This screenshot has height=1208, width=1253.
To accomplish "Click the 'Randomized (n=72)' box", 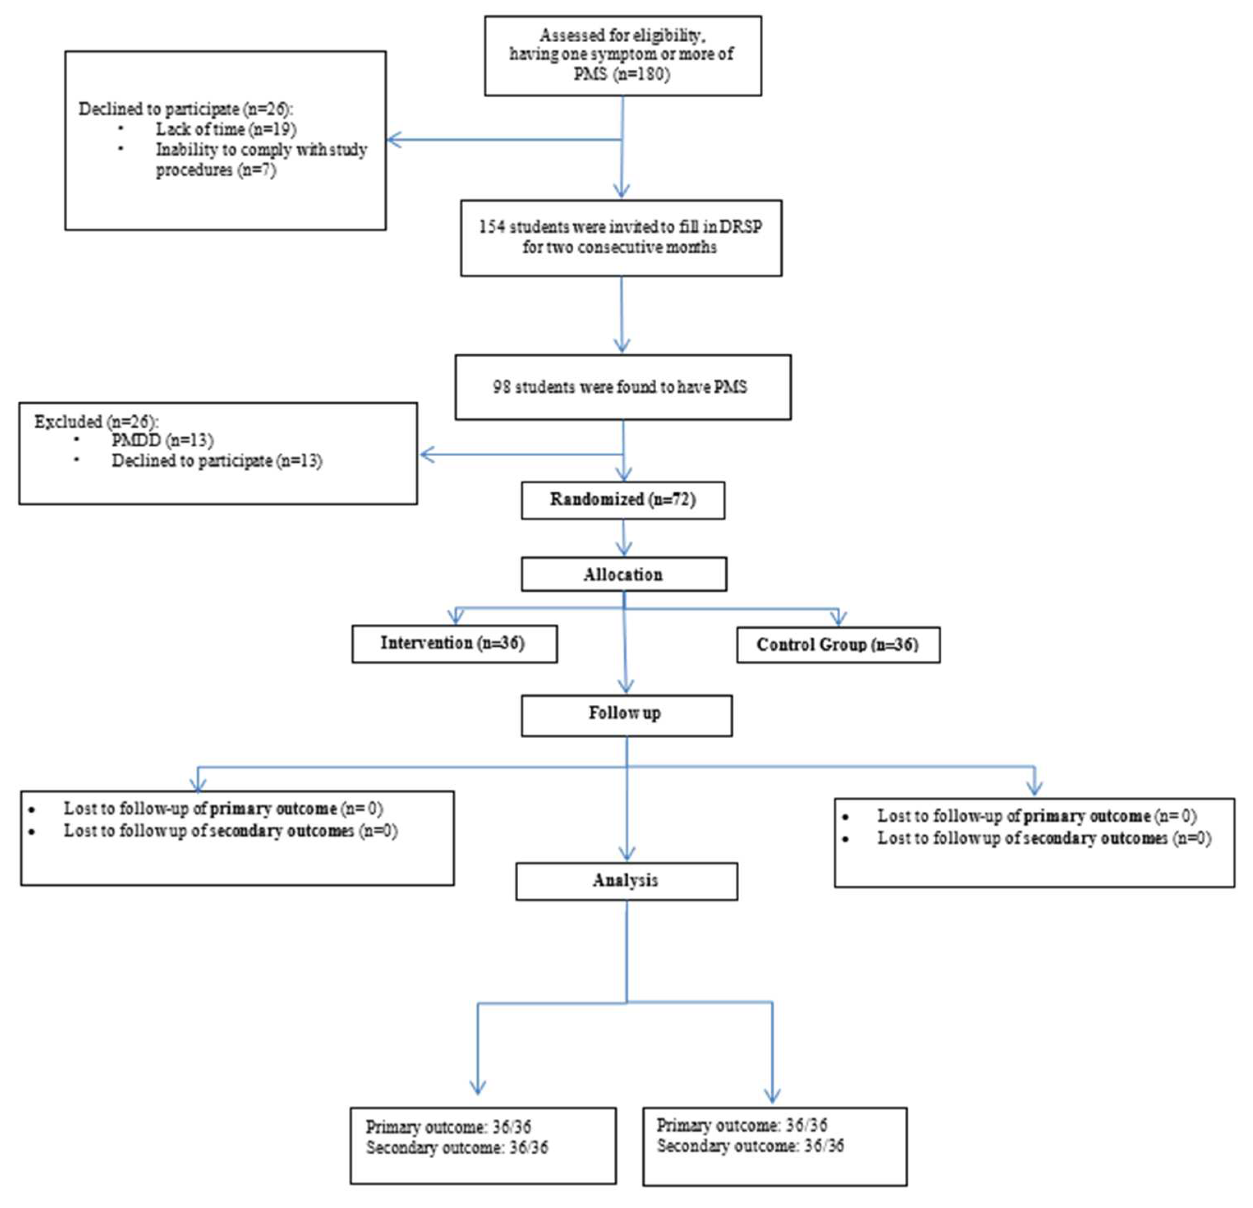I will pyautogui.click(x=623, y=500).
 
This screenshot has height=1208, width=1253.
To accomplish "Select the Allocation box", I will pyautogui.click(x=623, y=574).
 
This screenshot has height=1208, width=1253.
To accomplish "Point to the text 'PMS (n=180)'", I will pyautogui.click(x=621, y=74).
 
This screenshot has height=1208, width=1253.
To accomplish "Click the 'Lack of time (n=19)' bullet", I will pyautogui.click(x=225, y=129).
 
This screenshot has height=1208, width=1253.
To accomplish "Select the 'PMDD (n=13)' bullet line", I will pyautogui.click(x=162, y=441).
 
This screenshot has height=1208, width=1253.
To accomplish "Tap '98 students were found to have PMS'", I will pyautogui.click(x=619, y=387).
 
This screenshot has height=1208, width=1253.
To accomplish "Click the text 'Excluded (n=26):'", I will pyautogui.click(x=96, y=422).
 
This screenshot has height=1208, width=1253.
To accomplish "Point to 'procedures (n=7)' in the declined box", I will pyautogui.click(x=216, y=171).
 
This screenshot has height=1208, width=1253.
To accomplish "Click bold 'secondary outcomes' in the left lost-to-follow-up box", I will pyautogui.click(x=282, y=831).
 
